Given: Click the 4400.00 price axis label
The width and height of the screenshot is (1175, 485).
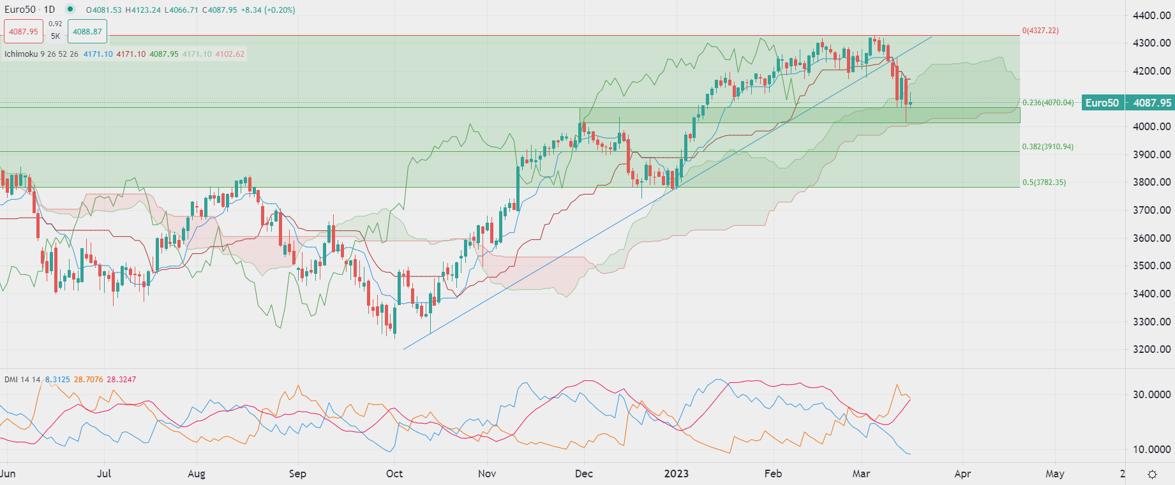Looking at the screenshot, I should (x=1151, y=15).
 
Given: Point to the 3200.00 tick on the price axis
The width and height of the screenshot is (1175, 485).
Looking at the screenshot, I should (x=1151, y=349).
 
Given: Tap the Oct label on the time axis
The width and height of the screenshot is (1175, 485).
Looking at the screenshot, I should (x=394, y=474).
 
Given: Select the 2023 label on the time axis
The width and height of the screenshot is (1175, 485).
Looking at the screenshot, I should (x=676, y=474).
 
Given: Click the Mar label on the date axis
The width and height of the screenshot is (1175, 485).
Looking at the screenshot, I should (x=861, y=474).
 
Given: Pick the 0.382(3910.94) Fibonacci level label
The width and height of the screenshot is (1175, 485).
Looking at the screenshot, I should (x=1047, y=147).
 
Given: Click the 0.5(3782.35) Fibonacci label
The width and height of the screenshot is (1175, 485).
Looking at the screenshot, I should (x=1044, y=183).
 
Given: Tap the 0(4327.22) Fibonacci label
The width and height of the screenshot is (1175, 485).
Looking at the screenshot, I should (x=1040, y=31).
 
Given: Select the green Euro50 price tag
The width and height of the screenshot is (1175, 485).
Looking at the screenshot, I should (x=1102, y=103).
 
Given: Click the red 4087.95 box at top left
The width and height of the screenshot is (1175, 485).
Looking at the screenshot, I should (x=24, y=31).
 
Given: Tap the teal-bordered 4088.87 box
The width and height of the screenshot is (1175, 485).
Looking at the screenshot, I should (x=87, y=31).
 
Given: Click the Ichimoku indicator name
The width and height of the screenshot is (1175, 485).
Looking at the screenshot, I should (x=21, y=54).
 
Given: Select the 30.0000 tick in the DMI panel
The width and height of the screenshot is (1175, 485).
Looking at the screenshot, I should (x=1151, y=394).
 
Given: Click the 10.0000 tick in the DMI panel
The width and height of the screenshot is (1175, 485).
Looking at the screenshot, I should (x=1151, y=449).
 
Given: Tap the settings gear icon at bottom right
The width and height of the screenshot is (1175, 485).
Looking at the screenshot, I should (x=1152, y=474).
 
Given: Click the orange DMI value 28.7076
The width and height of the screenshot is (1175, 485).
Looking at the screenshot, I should (x=88, y=380).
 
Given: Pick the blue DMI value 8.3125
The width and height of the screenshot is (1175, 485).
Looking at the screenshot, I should (x=57, y=380).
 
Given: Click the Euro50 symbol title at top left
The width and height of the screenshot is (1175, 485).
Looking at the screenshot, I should (x=20, y=10).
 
